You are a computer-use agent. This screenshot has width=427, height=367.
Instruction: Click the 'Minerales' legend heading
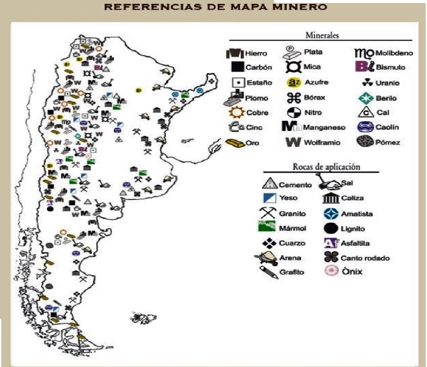point(322,35)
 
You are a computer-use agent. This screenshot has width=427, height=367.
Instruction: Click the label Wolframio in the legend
point(322,143)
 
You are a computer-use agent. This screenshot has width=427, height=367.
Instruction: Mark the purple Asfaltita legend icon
point(331,243)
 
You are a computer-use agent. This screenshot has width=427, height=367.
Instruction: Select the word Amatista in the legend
point(357,213)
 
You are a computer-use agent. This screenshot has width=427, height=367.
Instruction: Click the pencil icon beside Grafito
point(268,272)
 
